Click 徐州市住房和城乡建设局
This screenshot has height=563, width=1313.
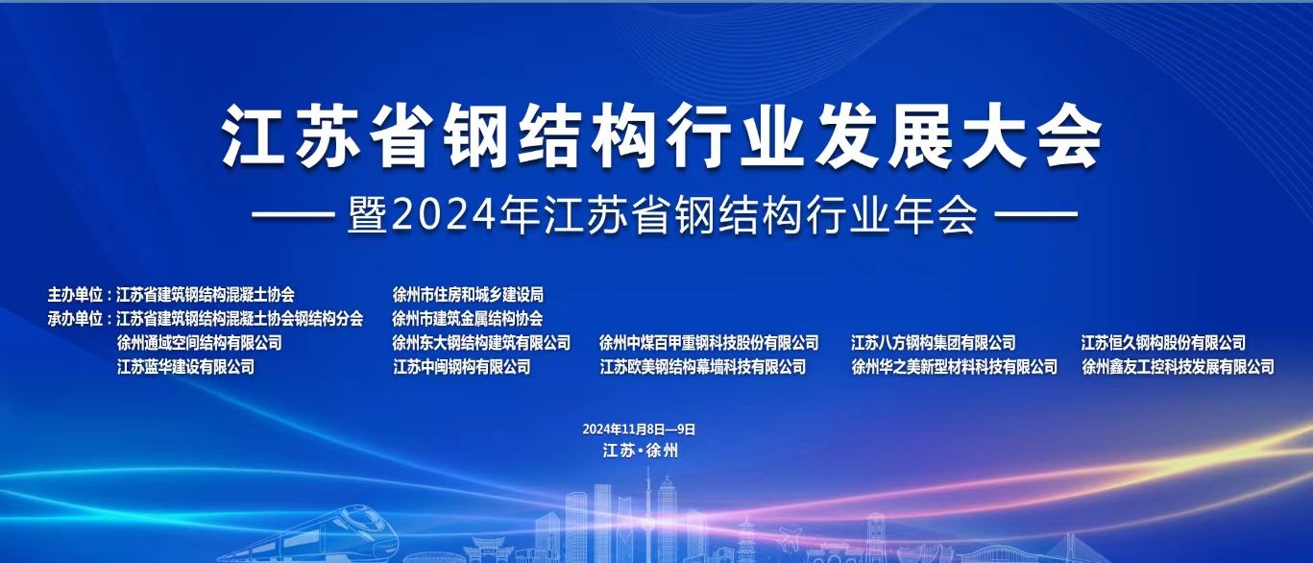coord(468,295)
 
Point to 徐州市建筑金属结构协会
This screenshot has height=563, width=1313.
coord(467,319)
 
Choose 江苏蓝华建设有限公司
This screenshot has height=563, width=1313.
coord(185,367)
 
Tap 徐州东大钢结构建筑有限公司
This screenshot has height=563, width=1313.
coord(481,343)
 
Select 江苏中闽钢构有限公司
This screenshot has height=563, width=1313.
coord(462,367)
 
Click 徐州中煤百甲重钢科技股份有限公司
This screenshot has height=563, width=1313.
coord(709,343)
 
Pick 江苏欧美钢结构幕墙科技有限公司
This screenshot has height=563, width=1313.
coord(702,367)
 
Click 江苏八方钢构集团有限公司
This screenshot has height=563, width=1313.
coord(934,343)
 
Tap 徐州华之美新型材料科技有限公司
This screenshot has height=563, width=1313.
coord(954,367)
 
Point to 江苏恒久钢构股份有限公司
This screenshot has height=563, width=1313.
coord(1163,343)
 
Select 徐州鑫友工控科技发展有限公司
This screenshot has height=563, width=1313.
coord(1178,367)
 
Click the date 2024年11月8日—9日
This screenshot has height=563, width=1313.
coord(639,429)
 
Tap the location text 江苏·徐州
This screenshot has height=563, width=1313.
coord(641,452)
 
